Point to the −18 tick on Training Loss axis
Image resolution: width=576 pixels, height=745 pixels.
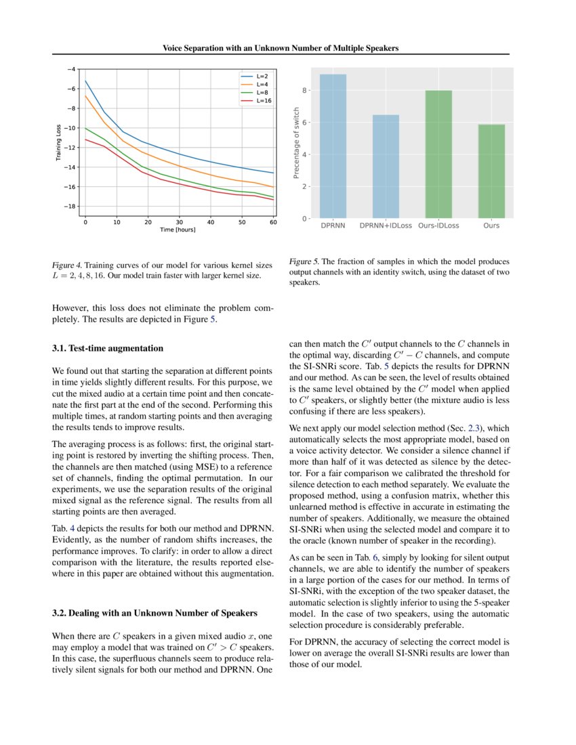pos(70,207)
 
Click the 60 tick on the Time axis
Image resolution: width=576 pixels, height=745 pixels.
pos(273,222)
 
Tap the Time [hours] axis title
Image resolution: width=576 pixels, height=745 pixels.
pos(178,230)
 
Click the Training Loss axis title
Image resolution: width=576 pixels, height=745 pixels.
pos(58,142)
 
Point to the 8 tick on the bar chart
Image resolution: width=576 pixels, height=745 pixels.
pos(306,91)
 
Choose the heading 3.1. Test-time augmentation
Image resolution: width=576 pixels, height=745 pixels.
pos(108,349)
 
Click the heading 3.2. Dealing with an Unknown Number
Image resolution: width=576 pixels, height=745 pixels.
pos(155,614)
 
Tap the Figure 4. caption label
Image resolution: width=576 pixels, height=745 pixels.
pos(70,264)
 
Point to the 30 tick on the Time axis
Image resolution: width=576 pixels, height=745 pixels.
pos(179,222)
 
